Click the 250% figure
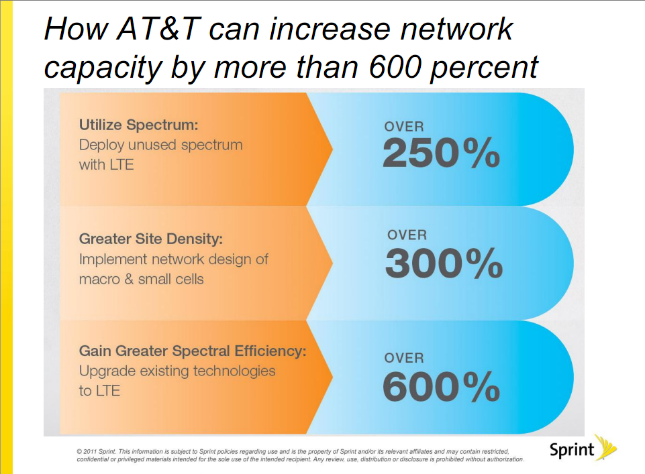pos(441,155)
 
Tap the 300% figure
pos(444,264)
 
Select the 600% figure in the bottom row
pos(441,386)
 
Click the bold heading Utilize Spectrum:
pos(140,125)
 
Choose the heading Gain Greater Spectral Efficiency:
pos(193,351)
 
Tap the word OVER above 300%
pos(407,235)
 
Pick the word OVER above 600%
pos(404,359)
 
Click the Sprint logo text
pos(572,449)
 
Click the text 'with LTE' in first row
pos(106,164)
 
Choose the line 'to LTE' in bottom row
pos(99,390)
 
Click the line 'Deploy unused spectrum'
pos(160,144)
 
